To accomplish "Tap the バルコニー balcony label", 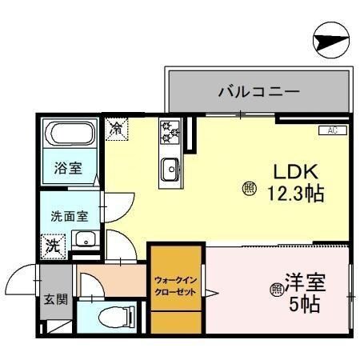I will [x=259, y=92].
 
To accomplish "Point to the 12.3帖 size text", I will [x=295, y=194].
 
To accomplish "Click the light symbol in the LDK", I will [x=249, y=190].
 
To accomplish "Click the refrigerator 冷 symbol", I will [x=116, y=127].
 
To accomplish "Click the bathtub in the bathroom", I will [x=68, y=135].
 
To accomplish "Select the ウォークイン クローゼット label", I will [x=175, y=286].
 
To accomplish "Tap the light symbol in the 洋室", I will [x=277, y=289].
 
